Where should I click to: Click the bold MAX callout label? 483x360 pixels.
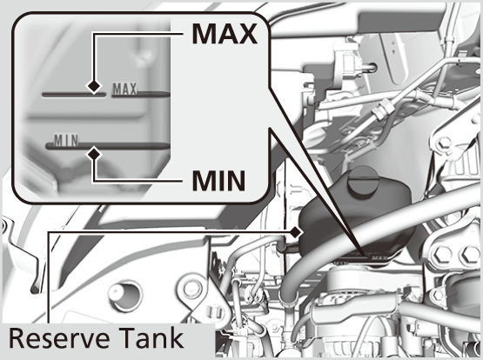(224, 34)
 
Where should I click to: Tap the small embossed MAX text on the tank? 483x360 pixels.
(124, 88)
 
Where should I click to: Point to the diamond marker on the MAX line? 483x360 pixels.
(91, 87)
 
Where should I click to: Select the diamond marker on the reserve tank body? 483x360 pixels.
(298, 232)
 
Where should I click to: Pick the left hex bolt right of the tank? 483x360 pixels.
(445, 257)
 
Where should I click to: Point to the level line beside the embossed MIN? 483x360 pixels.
(122, 144)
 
